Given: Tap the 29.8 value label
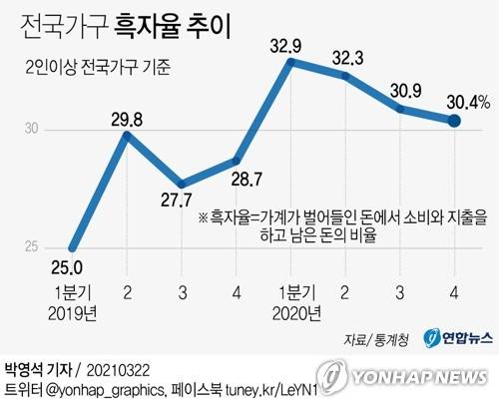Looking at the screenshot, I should tap(127, 120).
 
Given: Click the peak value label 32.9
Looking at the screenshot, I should tap(290, 46).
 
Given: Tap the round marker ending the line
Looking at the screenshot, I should tap(453, 121).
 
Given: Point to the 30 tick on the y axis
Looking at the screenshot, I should tap(32, 129).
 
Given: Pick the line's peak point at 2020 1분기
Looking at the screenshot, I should tap(290, 63).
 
